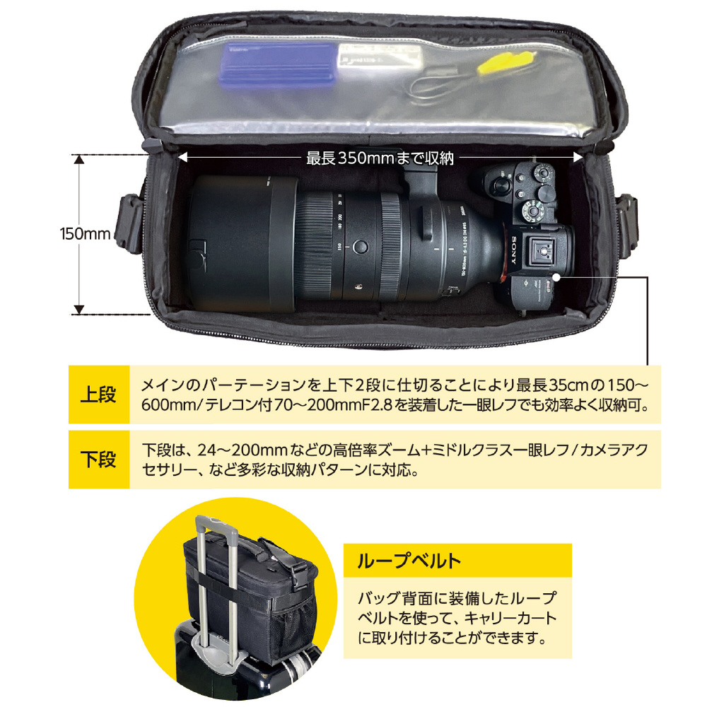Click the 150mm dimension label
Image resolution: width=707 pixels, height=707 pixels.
point(86,233)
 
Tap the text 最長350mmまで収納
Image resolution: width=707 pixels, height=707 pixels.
point(380,158)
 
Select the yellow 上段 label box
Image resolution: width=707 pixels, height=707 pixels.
point(99,395)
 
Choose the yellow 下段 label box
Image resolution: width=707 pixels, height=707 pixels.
point(99,460)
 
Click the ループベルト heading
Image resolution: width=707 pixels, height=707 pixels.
point(409,561)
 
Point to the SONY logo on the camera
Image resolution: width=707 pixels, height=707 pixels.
point(513,251)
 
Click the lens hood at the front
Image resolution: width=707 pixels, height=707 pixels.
point(241,243)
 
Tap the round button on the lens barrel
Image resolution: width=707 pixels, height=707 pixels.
point(360,247)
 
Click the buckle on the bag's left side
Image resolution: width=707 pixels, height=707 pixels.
point(130,223)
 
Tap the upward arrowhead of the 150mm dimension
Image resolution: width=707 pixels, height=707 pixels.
point(79,159)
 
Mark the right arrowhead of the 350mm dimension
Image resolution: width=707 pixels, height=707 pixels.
point(578,157)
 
